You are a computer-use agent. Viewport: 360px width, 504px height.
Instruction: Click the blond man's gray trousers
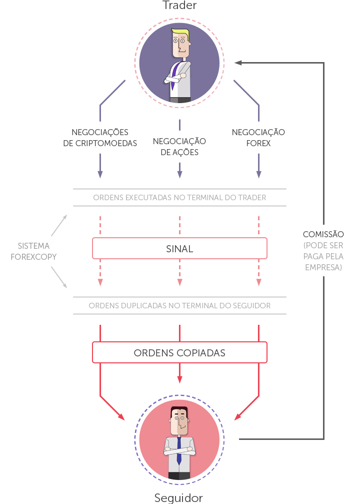coord(179,101)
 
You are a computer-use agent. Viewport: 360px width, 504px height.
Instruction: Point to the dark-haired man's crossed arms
coord(179,451)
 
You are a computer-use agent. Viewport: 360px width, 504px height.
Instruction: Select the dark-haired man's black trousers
coord(179,476)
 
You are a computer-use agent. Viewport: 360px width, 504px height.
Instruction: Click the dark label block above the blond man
coord(179,5)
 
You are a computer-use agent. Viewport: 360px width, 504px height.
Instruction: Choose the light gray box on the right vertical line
coord(323,256)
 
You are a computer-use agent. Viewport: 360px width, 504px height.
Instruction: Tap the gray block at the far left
coord(33,251)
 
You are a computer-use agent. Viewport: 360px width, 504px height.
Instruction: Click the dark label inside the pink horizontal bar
coord(179,249)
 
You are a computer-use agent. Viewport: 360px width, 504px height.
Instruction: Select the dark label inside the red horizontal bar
coord(179,353)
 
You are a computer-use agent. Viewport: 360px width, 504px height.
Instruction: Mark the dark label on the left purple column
coord(100,137)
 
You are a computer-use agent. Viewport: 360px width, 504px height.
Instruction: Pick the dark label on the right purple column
coord(258,137)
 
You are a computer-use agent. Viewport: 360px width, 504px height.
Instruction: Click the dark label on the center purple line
coord(179,147)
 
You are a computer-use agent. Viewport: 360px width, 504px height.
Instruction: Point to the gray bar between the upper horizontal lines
coord(179,197)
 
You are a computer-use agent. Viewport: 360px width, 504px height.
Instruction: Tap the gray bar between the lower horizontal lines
coord(179,305)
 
